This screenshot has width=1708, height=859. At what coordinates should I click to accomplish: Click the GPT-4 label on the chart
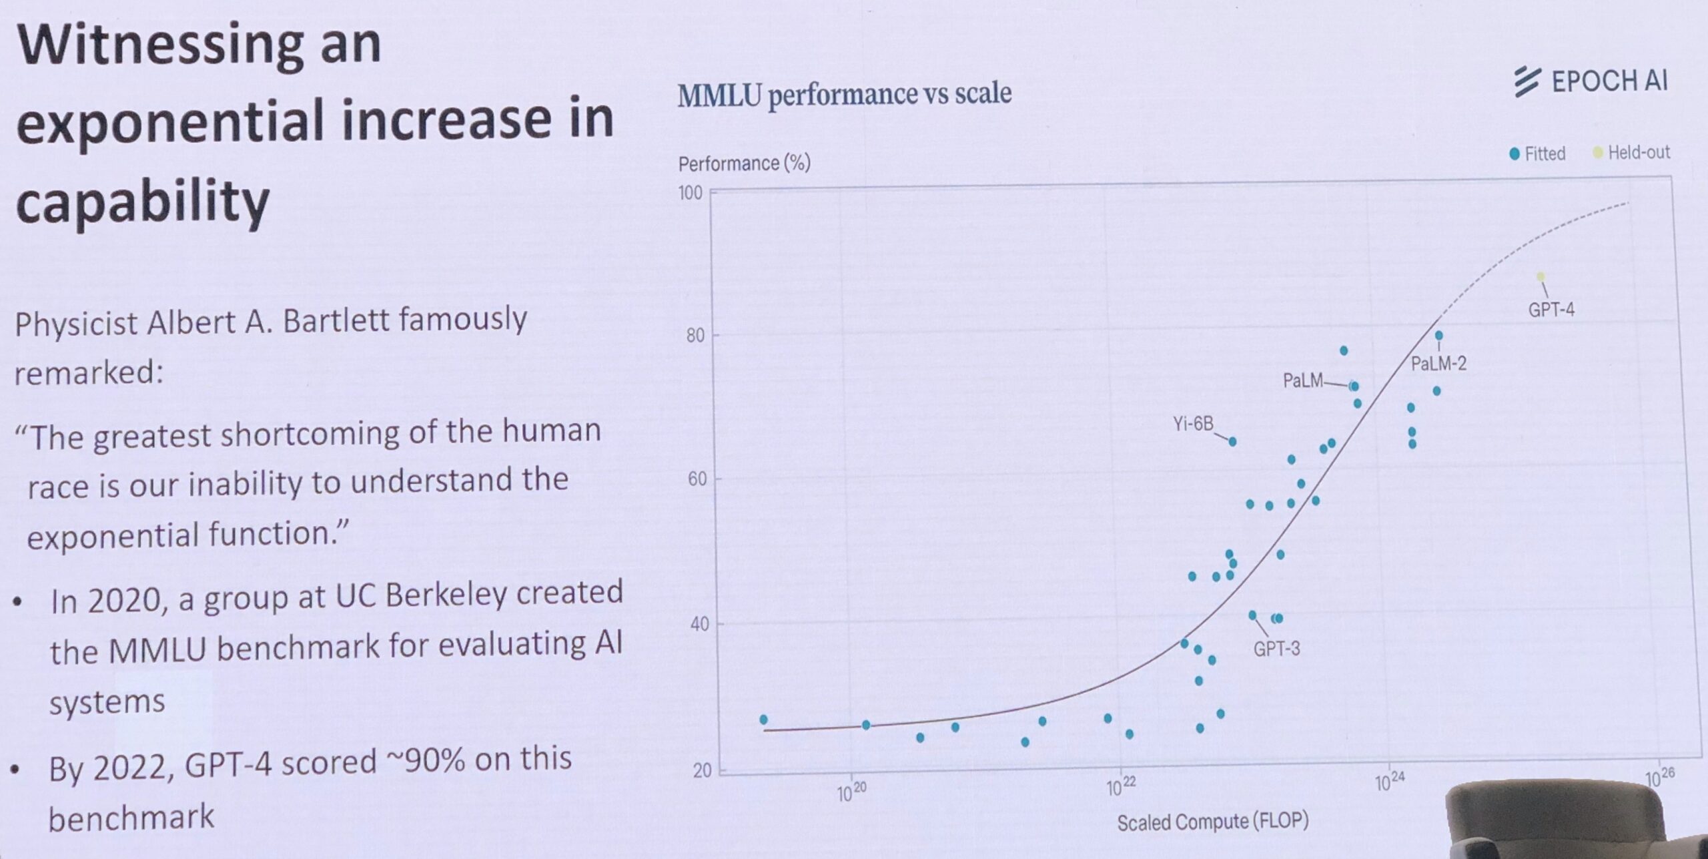click(x=1551, y=310)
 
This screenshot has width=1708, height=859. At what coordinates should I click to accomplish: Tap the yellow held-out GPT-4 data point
click(x=1541, y=276)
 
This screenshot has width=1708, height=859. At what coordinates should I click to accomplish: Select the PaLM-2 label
click(x=1438, y=364)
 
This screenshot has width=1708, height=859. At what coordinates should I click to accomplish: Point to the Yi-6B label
click(x=1193, y=424)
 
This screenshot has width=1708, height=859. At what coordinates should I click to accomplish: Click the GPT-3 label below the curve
click(x=1276, y=649)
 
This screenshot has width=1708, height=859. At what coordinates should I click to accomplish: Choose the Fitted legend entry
click(x=1537, y=154)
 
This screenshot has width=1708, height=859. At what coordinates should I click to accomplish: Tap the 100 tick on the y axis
click(x=691, y=193)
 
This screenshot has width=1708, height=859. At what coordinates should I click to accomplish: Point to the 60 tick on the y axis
click(x=697, y=479)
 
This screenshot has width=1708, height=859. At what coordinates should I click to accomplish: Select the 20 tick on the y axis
click(x=702, y=771)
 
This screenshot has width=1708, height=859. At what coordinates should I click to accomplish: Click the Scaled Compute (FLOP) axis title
click(x=1212, y=822)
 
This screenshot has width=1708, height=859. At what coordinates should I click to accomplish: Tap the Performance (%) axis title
click(x=744, y=164)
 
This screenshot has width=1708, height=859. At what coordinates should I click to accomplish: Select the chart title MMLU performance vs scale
click(x=844, y=94)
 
